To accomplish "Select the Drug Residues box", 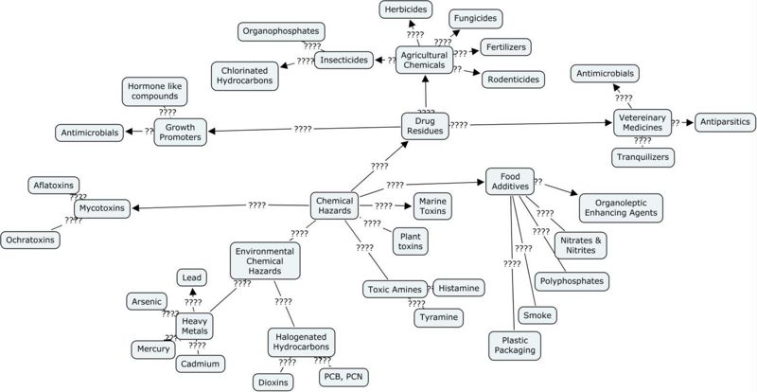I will [x=424, y=125].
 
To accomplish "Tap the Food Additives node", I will [x=510, y=182].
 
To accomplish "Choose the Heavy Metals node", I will [x=196, y=327].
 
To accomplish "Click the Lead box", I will [x=192, y=277].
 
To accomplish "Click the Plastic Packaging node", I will [x=514, y=345].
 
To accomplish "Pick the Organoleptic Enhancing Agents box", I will [x=620, y=207].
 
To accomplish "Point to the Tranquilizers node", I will [x=641, y=157].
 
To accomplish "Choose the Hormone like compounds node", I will [x=155, y=92].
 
